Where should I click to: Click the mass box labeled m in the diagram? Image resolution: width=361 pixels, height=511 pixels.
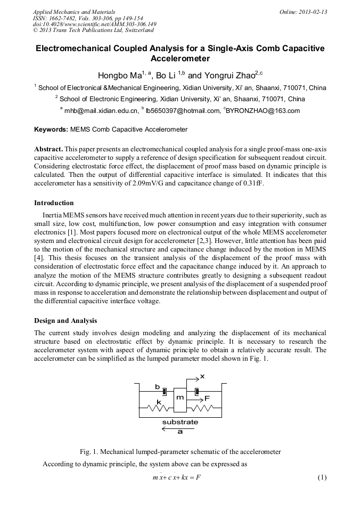click(180, 398)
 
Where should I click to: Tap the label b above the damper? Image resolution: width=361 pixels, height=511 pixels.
click(157, 386)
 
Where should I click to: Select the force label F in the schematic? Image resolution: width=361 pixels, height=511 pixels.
click(207, 398)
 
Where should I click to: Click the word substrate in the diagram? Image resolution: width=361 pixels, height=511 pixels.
click(179, 422)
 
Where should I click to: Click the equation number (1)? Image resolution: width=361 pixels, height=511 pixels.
click(321, 477)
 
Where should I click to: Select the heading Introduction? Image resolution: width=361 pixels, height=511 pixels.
click(54, 203)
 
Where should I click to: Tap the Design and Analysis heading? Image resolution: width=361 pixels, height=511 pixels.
click(65, 320)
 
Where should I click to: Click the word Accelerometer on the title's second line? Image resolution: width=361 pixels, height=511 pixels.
click(180, 58)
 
